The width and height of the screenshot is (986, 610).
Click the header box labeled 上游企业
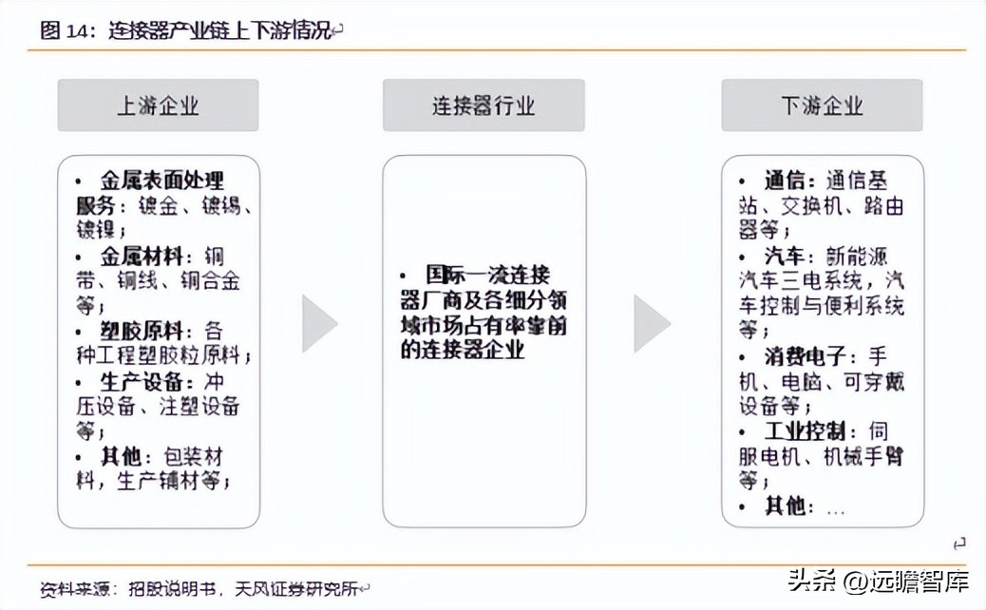point(158,105)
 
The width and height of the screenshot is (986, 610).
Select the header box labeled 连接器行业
point(484,105)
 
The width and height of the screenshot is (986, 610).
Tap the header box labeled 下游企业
point(822,105)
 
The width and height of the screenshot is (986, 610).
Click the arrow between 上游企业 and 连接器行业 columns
point(320,323)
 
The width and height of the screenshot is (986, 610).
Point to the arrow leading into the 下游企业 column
point(652,323)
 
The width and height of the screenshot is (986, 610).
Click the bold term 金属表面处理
point(162,181)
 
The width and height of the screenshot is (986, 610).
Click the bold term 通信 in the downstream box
point(786,181)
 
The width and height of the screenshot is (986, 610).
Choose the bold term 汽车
point(786,257)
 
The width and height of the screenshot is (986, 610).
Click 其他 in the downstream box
point(786,506)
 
